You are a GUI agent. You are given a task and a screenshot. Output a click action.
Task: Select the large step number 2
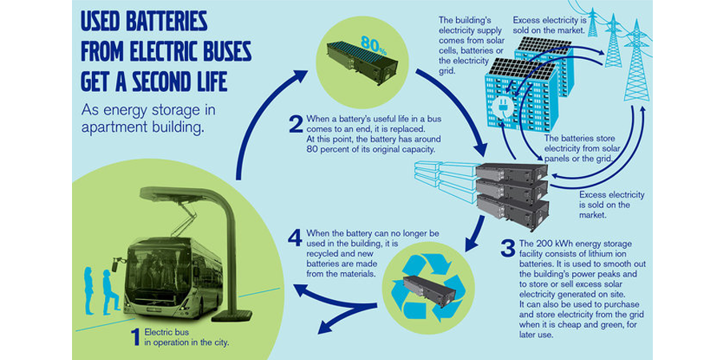click(x=296, y=125)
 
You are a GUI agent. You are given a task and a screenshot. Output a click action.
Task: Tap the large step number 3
click(x=507, y=248)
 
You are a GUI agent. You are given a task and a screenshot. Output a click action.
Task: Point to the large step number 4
click(x=296, y=238)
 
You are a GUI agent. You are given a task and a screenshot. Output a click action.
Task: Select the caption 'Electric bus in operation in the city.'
click(x=180, y=338)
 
